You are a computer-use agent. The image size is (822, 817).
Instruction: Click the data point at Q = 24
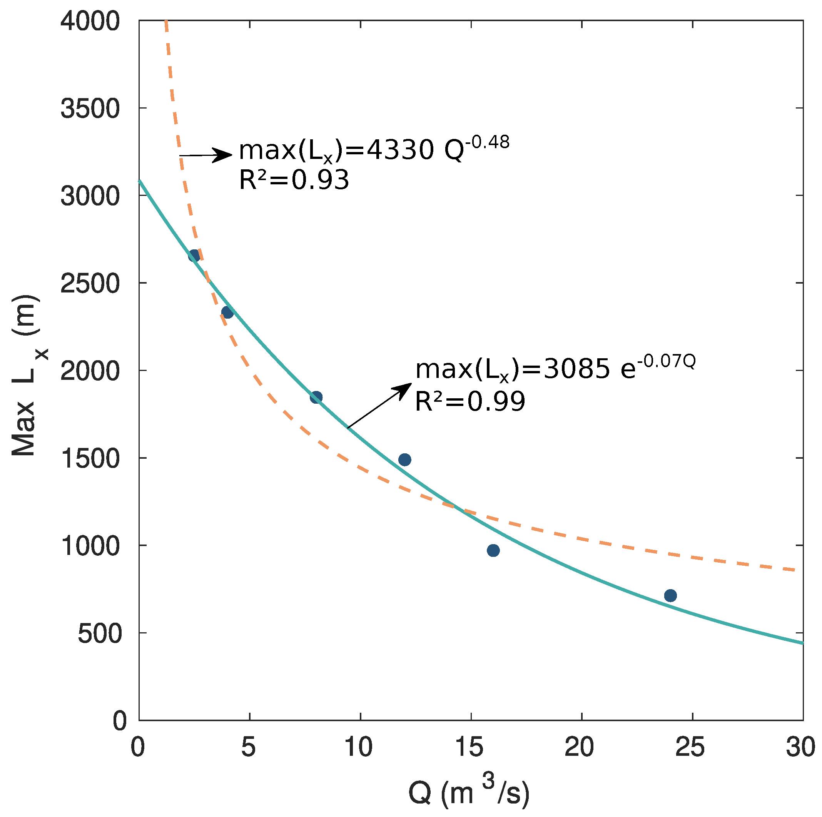pyautogui.click(x=670, y=595)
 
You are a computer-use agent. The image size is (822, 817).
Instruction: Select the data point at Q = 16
pyautogui.click(x=493, y=550)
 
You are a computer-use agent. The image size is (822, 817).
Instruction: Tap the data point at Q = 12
pyautogui.click(x=404, y=459)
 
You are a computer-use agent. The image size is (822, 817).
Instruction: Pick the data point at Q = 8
pyautogui.click(x=316, y=398)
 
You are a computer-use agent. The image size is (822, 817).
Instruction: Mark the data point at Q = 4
pyautogui.click(x=227, y=312)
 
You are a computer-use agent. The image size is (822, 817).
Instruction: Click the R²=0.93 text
pyautogui.click(x=294, y=180)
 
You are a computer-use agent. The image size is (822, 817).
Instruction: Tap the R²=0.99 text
pyautogui.click(x=470, y=401)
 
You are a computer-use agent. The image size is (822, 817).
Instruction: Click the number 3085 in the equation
pyautogui.click(x=576, y=369)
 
